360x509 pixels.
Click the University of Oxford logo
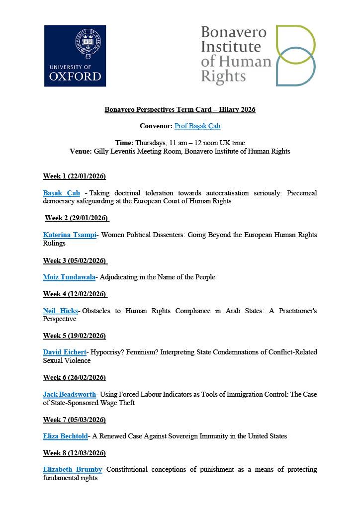pyautogui.click(x=75, y=56)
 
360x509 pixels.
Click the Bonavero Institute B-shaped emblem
pyautogui.click(x=296, y=56)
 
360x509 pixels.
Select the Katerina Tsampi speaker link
pyautogui.click(x=70, y=235)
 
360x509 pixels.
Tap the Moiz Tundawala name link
pyautogui.click(x=69, y=277)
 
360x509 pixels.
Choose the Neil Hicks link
pyautogui.click(x=60, y=311)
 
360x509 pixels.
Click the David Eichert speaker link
pyautogui.click(x=65, y=352)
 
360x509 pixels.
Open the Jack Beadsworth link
pyautogui.click(x=70, y=394)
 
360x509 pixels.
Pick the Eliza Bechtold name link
pyautogui.click(x=65, y=436)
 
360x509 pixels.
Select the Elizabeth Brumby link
pyautogui.click(x=73, y=470)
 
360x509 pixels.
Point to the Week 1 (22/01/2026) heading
pyautogui.click(x=75, y=176)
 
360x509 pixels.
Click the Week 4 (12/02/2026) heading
pyautogui.click(x=75, y=294)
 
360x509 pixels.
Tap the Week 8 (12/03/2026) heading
pyautogui.click(x=75, y=453)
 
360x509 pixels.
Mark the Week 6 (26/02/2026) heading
pyautogui.click(x=75, y=378)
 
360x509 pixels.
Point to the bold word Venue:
pyautogui.click(x=81, y=151)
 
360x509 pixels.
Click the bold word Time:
pyautogui.click(x=124, y=143)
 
